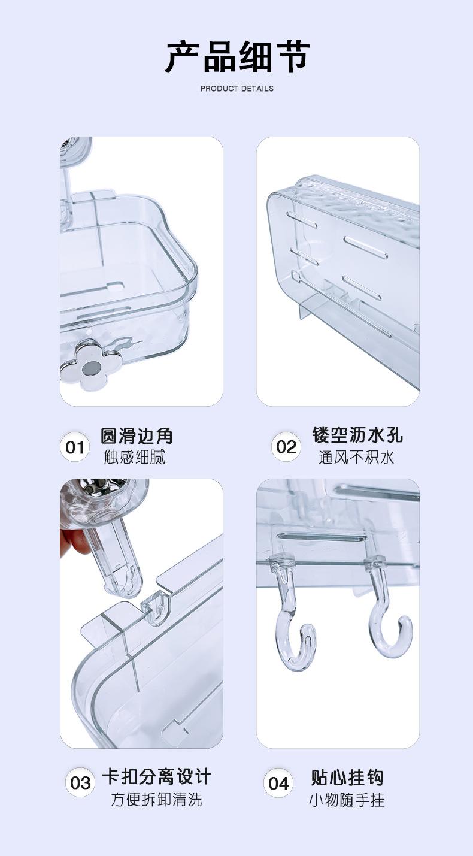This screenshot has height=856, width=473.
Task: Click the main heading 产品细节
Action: pyautogui.click(x=236, y=58)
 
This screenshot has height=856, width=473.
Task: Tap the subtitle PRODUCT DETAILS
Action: pyautogui.click(x=236, y=89)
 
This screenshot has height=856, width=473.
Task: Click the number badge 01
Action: pyautogui.click(x=75, y=447)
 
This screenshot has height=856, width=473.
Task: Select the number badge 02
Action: pyautogui.click(x=286, y=447)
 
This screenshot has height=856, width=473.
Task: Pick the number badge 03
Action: pyautogui.click(x=80, y=783)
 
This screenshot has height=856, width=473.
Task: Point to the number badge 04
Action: pyautogui.click(x=278, y=783)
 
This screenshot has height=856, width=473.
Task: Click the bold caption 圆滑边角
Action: pyautogui.click(x=137, y=436)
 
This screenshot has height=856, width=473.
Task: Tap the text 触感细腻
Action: pyautogui.click(x=135, y=458)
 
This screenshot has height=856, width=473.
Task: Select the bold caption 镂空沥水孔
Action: pyautogui.click(x=357, y=435)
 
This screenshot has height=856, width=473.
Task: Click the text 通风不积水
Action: pyautogui.click(x=356, y=458)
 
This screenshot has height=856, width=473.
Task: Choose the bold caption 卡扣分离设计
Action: pyautogui.click(x=156, y=777)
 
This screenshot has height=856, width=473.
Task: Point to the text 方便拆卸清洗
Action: pyautogui.click(x=156, y=799)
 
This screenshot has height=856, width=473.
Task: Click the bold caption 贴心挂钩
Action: pyautogui.click(x=347, y=778)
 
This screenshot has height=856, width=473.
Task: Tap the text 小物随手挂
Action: pyautogui.click(x=347, y=800)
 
